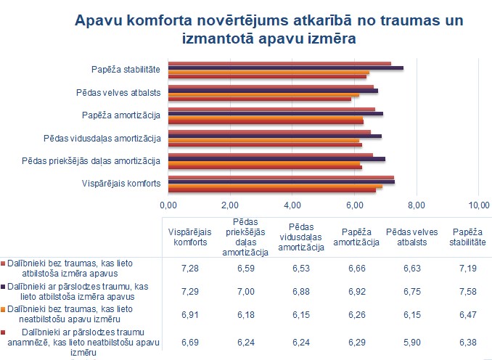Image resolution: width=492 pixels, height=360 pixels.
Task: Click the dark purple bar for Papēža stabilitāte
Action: click(286, 67)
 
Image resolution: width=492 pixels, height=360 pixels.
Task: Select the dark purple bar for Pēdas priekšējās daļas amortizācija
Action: click(276, 158)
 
